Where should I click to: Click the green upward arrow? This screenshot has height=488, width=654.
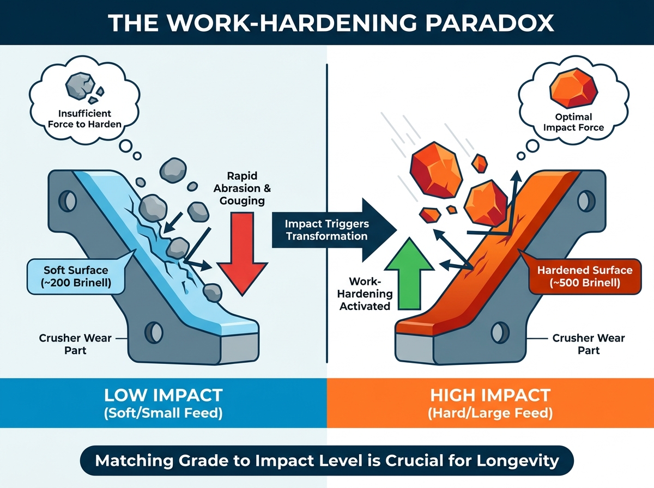tap(409, 274)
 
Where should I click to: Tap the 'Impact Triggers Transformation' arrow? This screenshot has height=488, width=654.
tap(334, 230)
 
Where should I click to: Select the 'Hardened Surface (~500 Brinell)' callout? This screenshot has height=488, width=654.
tap(585, 276)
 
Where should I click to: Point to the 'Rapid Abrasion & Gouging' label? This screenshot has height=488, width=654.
tap(242, 188)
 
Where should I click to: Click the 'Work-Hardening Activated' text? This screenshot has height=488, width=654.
tap(365, 294)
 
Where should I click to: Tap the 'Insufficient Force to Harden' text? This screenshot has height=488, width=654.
tap(84, 119)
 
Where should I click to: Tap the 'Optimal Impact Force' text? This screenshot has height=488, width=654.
tap(573, 122)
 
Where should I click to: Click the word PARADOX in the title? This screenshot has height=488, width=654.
tap(490, 23)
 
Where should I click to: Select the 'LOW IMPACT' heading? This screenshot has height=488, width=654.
tap(163, 395)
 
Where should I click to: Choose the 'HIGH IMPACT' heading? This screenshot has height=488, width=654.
tap(490, 395)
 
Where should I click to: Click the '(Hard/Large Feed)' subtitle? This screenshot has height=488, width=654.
tap(490, 413)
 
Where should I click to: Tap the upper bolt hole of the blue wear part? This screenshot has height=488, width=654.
tap(68, 201)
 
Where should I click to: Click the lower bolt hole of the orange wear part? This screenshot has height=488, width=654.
tap(500, 333)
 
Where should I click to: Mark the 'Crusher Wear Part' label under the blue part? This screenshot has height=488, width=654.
tap(75, 344)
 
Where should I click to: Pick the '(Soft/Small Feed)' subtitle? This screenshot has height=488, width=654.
tap(163, 413)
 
